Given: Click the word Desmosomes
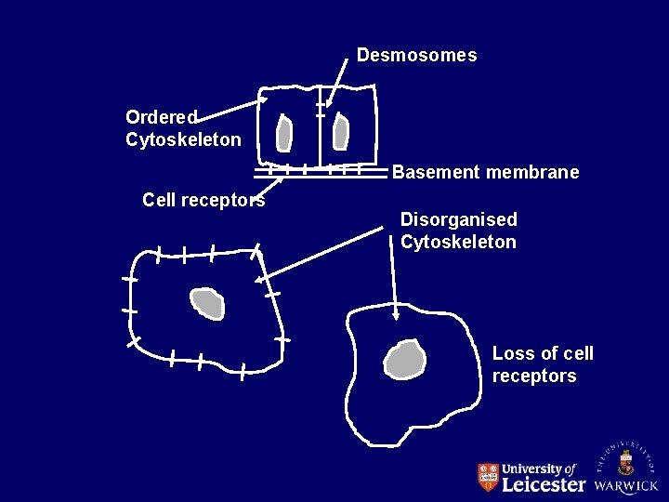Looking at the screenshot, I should [416, 55].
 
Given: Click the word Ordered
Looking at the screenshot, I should [161, 117].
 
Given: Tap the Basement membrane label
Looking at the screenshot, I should [485, 172].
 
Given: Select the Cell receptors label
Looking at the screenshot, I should [203, 200].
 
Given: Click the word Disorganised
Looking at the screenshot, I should [458, 219].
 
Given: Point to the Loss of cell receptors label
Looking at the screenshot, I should [542, 364].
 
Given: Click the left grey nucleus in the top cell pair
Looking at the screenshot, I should [284, 134].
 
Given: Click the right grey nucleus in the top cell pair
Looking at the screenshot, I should [341, 132].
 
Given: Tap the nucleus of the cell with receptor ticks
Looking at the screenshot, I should [207, 303].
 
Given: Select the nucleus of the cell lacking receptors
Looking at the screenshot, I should [405, 360].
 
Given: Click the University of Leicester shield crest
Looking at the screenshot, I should [488, 477].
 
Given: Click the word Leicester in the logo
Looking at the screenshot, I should [544, 484].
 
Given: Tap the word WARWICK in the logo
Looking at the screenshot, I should [626, 485].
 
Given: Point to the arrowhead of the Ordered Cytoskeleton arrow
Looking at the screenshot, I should [263, 98].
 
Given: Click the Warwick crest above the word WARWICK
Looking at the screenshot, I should [626, 459].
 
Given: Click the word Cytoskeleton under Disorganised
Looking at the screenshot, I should [458, 242].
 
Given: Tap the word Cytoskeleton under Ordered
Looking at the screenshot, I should [183, 139].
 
